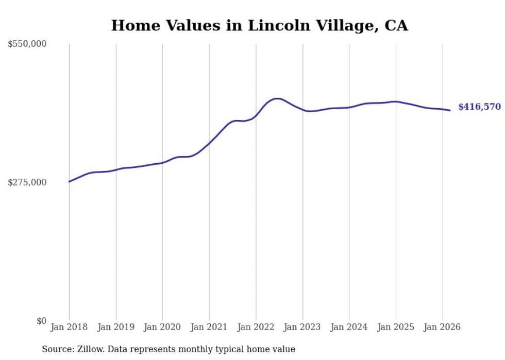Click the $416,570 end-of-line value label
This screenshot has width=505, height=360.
(479, 107)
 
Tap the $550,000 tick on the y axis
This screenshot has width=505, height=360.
(27, 44)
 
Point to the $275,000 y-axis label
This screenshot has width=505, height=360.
(27, 182)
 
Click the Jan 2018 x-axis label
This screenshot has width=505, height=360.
(69, 327)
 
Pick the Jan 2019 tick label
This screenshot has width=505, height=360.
(116, 327)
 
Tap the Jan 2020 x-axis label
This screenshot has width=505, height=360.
(162, 327)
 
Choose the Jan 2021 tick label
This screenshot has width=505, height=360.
(209, 327)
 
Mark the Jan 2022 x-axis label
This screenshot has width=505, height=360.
(256, 327)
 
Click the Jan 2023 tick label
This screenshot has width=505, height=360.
(302, 327)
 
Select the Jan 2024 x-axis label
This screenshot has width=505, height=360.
(349, 327)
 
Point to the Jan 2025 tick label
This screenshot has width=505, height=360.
(396, 327)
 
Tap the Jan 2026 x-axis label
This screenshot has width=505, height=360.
(442, 327)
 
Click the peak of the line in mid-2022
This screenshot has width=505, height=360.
(277, 98)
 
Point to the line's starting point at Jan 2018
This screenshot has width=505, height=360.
(69, 181)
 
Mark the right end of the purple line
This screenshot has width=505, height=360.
(450, 110)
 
